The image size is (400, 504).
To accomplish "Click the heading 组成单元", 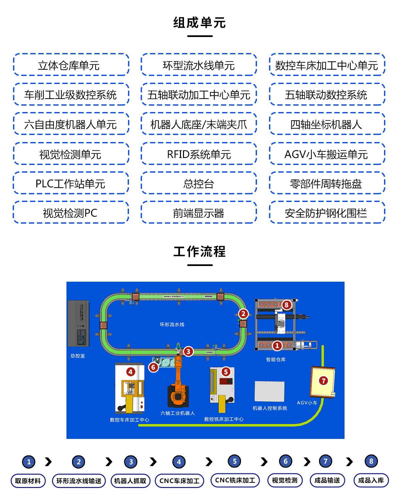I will coord(199,23).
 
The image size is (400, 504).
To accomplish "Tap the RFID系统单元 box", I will coord(199,154).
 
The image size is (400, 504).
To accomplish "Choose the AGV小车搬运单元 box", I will coord(327,154).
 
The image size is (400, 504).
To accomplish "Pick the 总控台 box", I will coord(199,183).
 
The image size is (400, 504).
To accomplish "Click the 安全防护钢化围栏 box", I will coord(327,213).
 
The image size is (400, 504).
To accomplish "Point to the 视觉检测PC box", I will coord(71,213).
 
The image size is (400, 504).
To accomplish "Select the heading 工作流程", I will coord(199,251).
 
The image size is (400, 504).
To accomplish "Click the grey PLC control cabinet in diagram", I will coord(79,323).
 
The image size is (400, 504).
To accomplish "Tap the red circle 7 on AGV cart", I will coord(323,381).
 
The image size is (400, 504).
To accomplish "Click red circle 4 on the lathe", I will coord(131,372).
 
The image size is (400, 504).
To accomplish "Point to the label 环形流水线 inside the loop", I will coord(172,324).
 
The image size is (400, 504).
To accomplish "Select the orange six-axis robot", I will coord(178,390).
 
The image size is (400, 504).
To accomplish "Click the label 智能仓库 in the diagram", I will coord(276,359).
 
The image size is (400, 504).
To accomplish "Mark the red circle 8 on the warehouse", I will coord(286,305).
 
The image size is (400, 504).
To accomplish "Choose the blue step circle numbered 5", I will coord(235,461).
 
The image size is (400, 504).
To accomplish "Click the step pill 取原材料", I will coord(28,481).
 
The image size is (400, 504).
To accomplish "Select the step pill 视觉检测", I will coord(285,480).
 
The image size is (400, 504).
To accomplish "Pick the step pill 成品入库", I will coord(371,480).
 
